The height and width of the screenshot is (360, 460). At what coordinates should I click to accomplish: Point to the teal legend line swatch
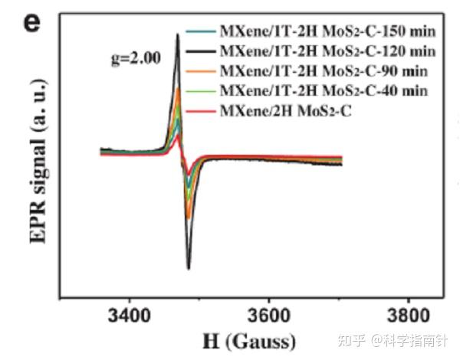click(201, 32)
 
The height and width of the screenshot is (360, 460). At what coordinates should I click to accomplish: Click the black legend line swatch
click(201, 52)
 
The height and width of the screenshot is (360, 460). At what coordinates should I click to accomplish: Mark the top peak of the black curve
click(178, 34)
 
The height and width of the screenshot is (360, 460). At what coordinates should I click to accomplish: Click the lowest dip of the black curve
click(189, 268)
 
